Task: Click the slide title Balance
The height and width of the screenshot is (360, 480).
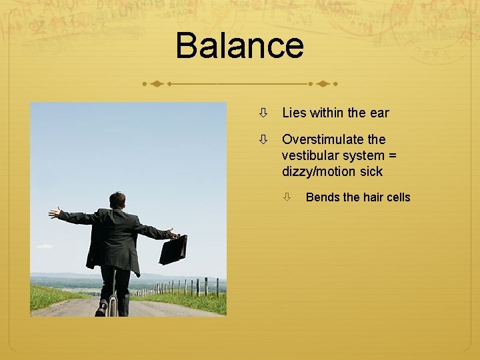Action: coord(239,45)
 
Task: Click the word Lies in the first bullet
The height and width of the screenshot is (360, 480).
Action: coord(294,113)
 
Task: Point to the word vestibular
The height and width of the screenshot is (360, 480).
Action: coord(311,155)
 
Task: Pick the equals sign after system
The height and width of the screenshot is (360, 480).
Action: coord(393,155)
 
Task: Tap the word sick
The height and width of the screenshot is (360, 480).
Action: coord(370,171)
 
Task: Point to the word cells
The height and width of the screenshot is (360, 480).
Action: coord(397,197)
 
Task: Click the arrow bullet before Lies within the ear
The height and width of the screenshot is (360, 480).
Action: coord(264,113)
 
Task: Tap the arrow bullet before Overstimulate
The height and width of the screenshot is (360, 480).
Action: coord(264,139)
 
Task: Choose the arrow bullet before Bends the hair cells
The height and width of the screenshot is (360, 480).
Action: coord(286,197)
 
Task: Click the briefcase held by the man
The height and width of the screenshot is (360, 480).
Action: coord(173,249)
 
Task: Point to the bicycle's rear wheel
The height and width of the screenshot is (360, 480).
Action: coord(113,305)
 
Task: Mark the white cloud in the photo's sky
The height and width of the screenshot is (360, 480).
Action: coord(45,247)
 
